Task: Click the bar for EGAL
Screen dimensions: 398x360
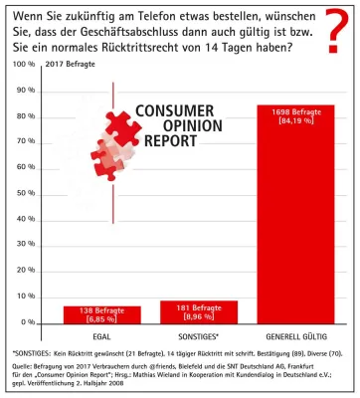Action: (x=87, y=313)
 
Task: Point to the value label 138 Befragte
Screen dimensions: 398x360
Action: (x=87, y=310)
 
